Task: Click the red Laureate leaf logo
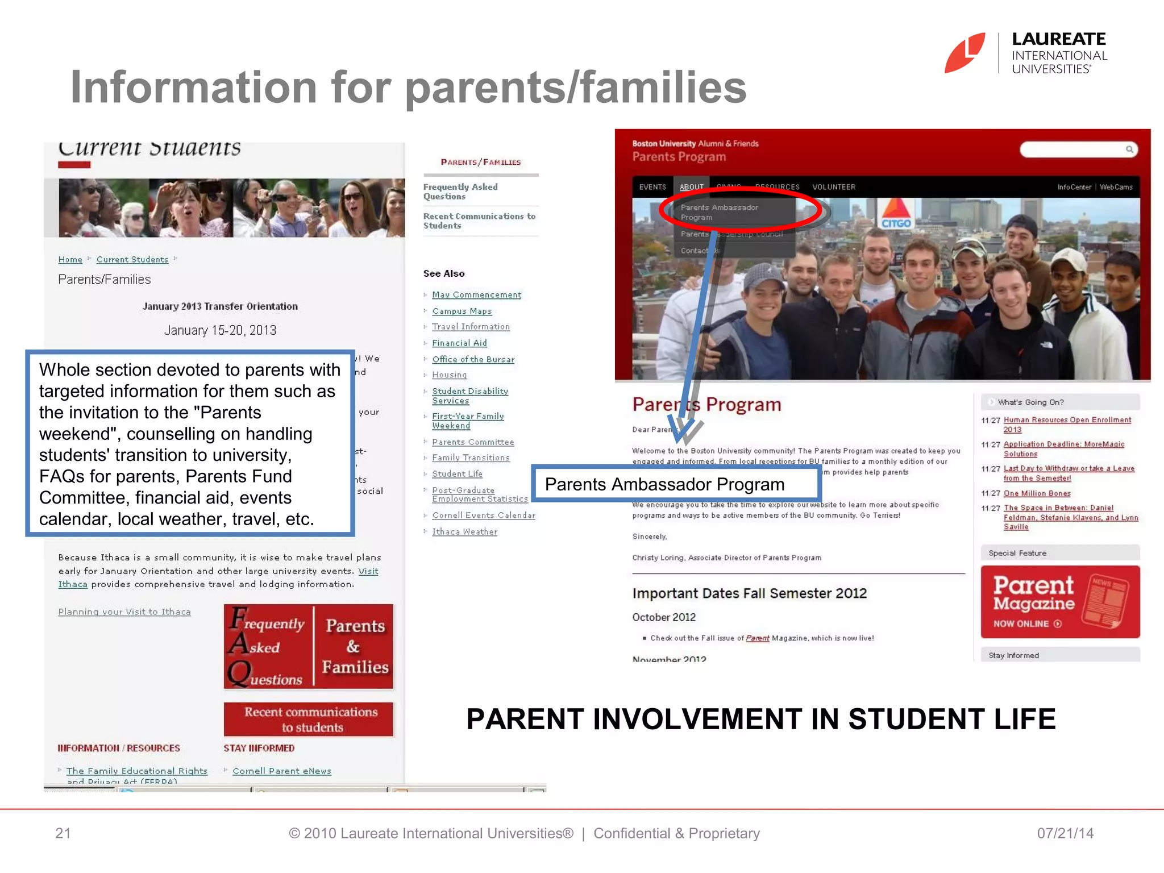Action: click(x=965, y=53)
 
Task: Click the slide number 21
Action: click(x=63, y=833)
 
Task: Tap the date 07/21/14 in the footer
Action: click(x=1065, y=833)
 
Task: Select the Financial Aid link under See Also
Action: click(x=459, y=343)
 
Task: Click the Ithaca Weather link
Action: click(x=464, y=531)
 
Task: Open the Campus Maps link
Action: click(x=462, y=311)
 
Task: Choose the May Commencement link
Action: click(x=476, y=294)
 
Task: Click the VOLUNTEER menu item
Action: click(x=833, y=187)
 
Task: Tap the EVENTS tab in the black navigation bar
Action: click(x=652, y=187)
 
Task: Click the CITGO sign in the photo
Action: click(x=896, y=216)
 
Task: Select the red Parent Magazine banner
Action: click(x=1060, y=602)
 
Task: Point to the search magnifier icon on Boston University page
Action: click(x=1129, y=149)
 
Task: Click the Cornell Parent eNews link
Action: click(x=281, y=771)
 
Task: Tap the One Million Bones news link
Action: click(x=1037, y=493)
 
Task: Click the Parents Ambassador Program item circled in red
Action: click(x=719, y=212)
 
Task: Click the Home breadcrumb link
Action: click(x=70, y=260)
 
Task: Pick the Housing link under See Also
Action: click(x=449, y=375)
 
